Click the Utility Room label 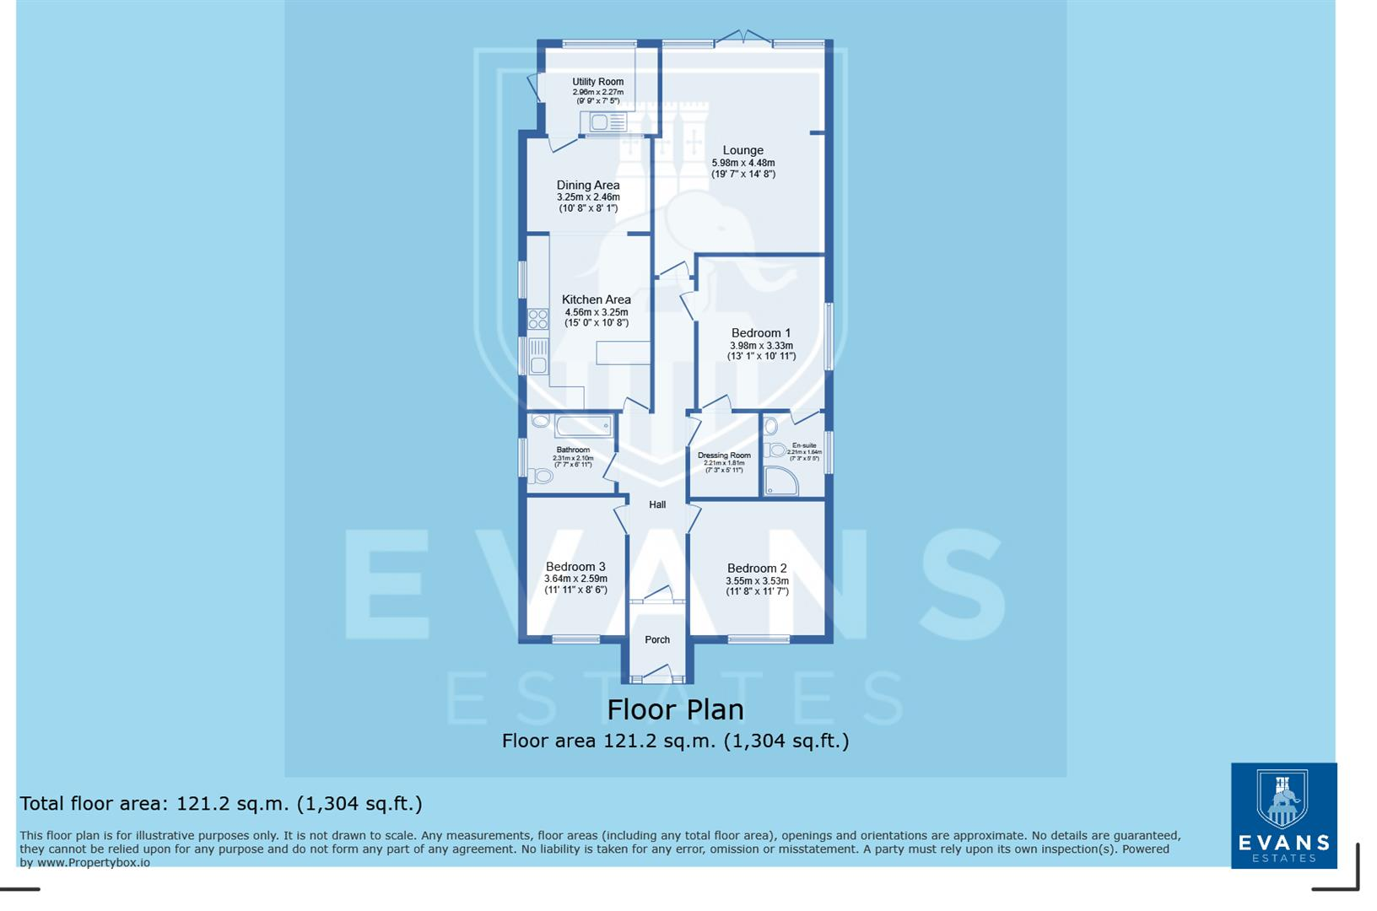[x=597, y=82]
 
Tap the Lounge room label [x=742, y=150]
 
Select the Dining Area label [x=588, y=185]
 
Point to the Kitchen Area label [x=596, y=299]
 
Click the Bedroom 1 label [x=760, y=333]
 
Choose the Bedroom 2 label [x=757, y=569]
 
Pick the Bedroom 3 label [x=575, y=567]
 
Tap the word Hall [x=657, y=504]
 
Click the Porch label [x=657, y=639]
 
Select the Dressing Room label [x=724, y=455]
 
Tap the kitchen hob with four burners [x=537, y=319]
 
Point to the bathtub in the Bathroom [x=584, y=426]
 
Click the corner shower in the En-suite [x=780, y=481]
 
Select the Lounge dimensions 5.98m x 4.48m [x=742, y=163]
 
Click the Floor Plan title [x=675, y=709]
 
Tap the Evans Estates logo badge [x=1283, y=815]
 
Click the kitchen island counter [x=623, y=353]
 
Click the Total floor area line [x=221, y=803]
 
